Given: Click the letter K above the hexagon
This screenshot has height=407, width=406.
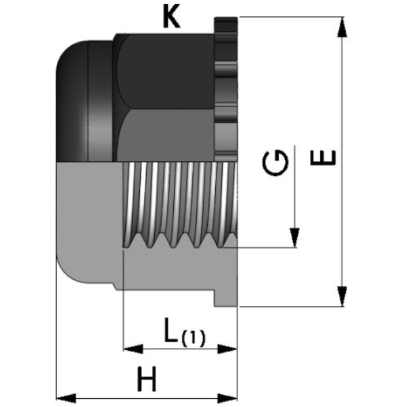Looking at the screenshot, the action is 171,18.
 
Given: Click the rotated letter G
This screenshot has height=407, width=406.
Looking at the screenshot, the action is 275,163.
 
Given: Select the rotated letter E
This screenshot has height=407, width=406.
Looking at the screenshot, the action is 323,158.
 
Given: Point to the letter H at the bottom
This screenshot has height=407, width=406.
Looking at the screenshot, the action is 147,379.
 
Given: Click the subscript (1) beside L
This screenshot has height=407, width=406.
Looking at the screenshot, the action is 194,338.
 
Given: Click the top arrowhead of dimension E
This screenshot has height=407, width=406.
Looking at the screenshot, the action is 342,27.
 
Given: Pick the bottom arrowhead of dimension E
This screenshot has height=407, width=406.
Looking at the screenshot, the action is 342,297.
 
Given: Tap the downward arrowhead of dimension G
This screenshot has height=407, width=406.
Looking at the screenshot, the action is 294,238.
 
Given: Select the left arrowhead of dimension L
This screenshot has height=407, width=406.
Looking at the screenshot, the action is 133,349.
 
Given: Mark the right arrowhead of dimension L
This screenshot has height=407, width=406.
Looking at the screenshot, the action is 227,349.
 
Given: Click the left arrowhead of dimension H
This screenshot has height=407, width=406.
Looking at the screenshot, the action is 66,398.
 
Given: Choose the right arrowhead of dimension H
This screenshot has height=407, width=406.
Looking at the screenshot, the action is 227,398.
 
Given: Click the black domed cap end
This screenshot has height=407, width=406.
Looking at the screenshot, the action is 85,101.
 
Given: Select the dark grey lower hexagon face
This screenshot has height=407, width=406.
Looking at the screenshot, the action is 166,135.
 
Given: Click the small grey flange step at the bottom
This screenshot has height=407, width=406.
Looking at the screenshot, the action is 226,299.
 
